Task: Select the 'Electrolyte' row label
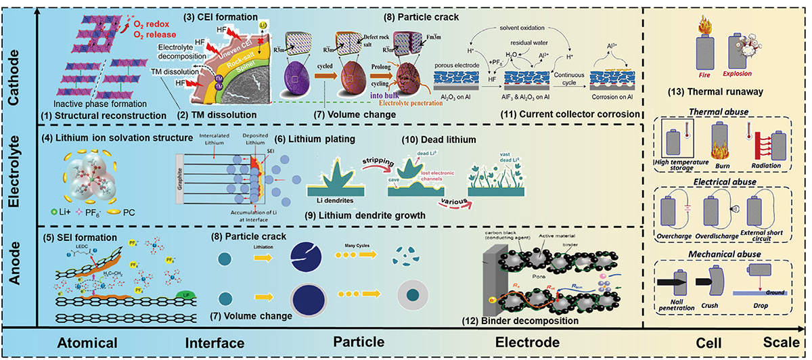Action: (x=15, y=175)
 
